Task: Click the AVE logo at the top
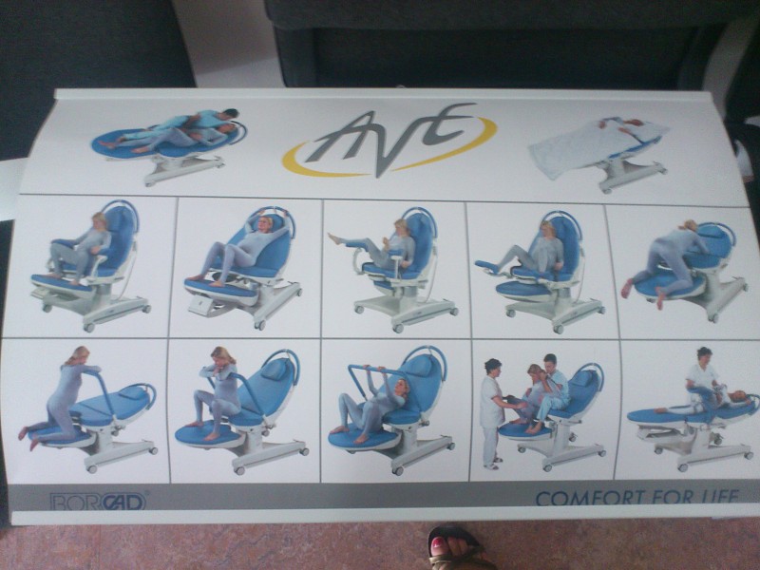(389, 140)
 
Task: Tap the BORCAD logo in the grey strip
(98, 502)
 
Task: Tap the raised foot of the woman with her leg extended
(333, 238)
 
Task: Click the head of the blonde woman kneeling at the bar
(81, 356)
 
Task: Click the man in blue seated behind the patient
(554, 388)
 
